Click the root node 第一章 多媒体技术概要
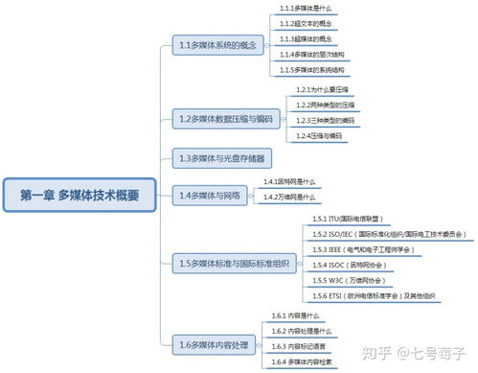click(x=80, y=195)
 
